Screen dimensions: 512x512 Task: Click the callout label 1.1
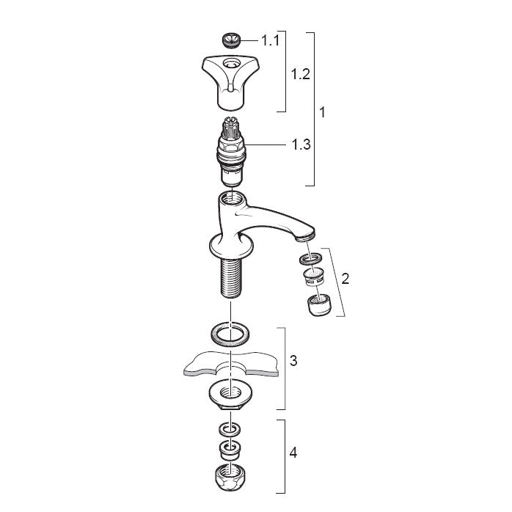(x=271, y=41)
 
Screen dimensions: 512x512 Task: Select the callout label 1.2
(x=301, y=74)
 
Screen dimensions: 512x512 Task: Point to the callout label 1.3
(x=301, y=145)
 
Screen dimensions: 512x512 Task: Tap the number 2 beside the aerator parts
(x=345, y=279)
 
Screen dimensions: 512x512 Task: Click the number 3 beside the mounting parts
(x=293, y=361)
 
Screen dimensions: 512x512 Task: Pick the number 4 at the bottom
(x=293, y=453)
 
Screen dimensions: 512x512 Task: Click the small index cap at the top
(x=230, y=40)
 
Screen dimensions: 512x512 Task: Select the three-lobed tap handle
(x=231, y=81)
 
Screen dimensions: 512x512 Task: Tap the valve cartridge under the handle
(x=230, y=152)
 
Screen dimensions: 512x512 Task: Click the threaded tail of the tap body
(x=231, y=277)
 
